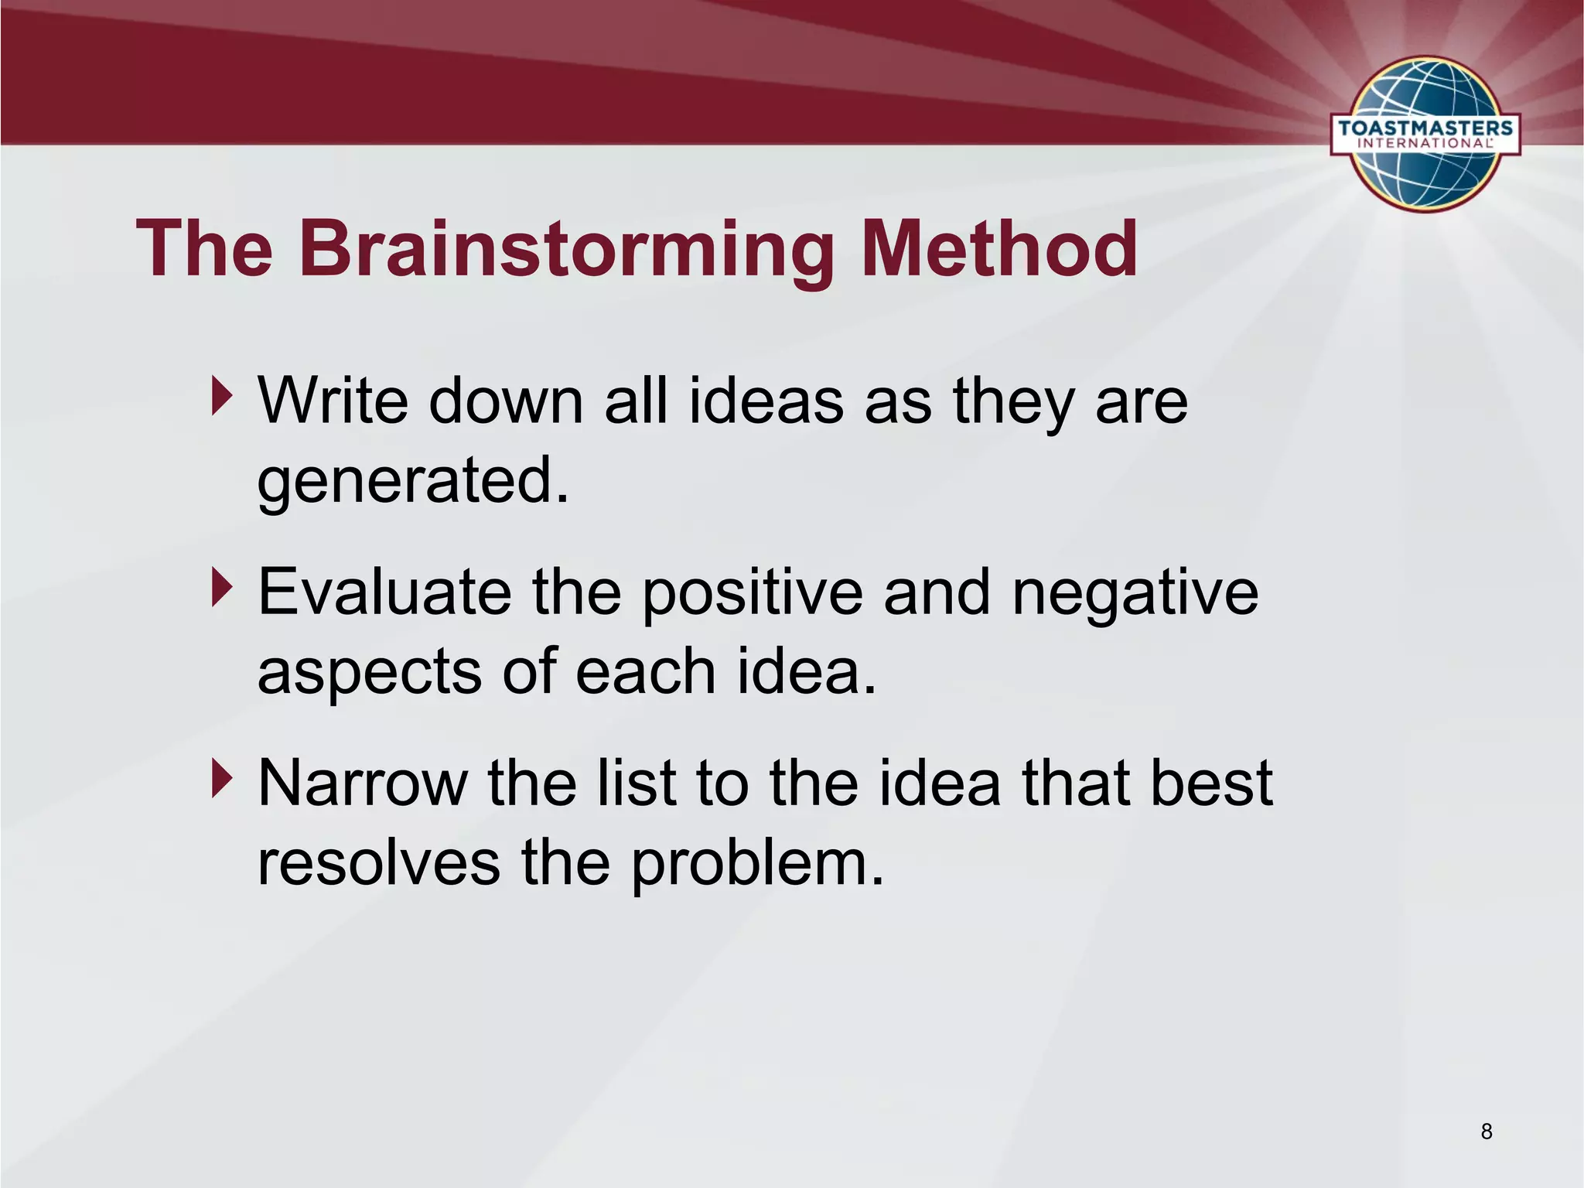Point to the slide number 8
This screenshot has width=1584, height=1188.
pyautogui.click(x=1486, y=1132)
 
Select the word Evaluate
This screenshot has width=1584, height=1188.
pyautogui.click(x=384, y=592)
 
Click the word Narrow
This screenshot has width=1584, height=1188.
pyautogui.click(x=362, y=784)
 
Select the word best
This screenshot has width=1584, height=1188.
pyautogui.click(x=1210, y=784)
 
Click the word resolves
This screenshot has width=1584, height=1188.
pyautogui.click(x=378, y=863)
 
